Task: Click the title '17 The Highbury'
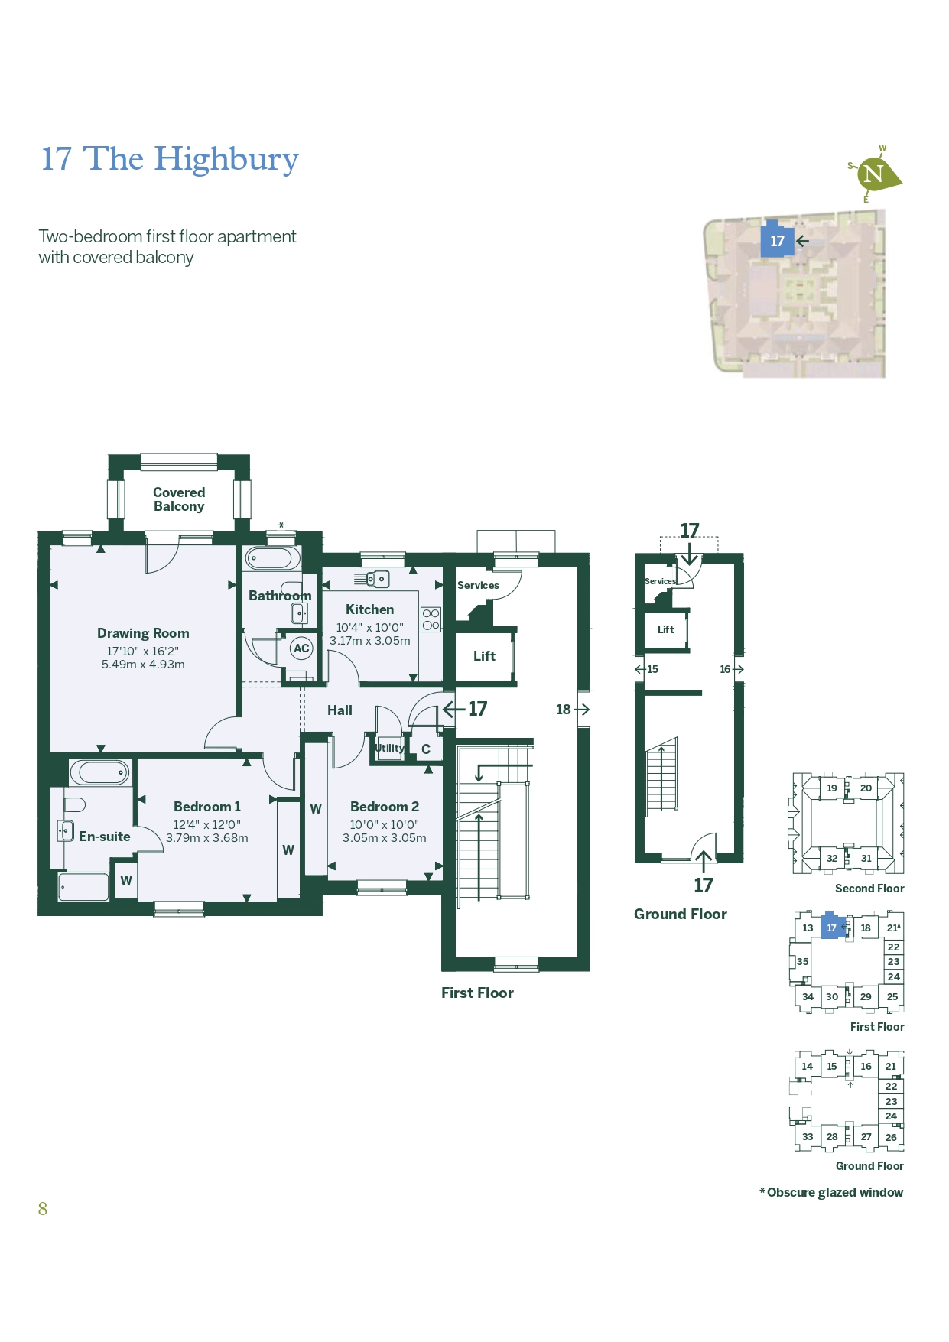click(169, 159)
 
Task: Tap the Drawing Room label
click(143, 633)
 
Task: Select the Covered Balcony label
click(179, 499)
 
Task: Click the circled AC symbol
click(301, 648)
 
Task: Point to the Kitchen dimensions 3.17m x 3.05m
click(369, 641)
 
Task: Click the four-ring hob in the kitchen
click(431, 619)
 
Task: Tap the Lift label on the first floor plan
click(484, 656)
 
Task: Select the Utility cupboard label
click(389, 748)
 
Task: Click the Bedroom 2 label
click(384, 807)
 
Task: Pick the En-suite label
click(105, 837)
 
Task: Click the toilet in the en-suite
click(74, 804)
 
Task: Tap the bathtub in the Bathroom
click(271, 558)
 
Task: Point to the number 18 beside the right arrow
click(564, 710)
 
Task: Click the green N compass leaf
click(876, 174)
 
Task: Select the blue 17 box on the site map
click(777, 241)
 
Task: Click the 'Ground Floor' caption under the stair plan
click(680, 914)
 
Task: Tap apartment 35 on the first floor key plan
click(802, 962)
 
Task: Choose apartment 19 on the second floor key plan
click(832, 788)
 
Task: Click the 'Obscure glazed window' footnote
click(831, 1192)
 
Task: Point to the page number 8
click(43, 1209)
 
